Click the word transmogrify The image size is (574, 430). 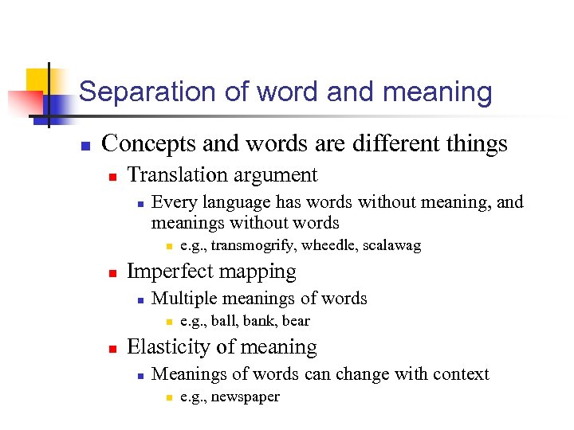coord(248,245)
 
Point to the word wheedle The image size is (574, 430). coord(328,245)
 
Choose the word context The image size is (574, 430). coord(460,374)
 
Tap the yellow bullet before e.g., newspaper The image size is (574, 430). coord(168,397)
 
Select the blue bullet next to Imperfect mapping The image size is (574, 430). coord(113,273)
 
